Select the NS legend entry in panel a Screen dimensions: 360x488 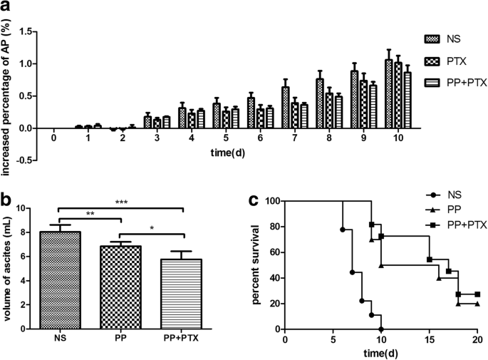[x=447, y=38]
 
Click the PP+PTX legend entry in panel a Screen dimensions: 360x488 [x=447, y=81]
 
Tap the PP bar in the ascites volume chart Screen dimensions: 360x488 [x=123, y=287]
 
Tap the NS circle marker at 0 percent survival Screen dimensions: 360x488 [x=382, y=329]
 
